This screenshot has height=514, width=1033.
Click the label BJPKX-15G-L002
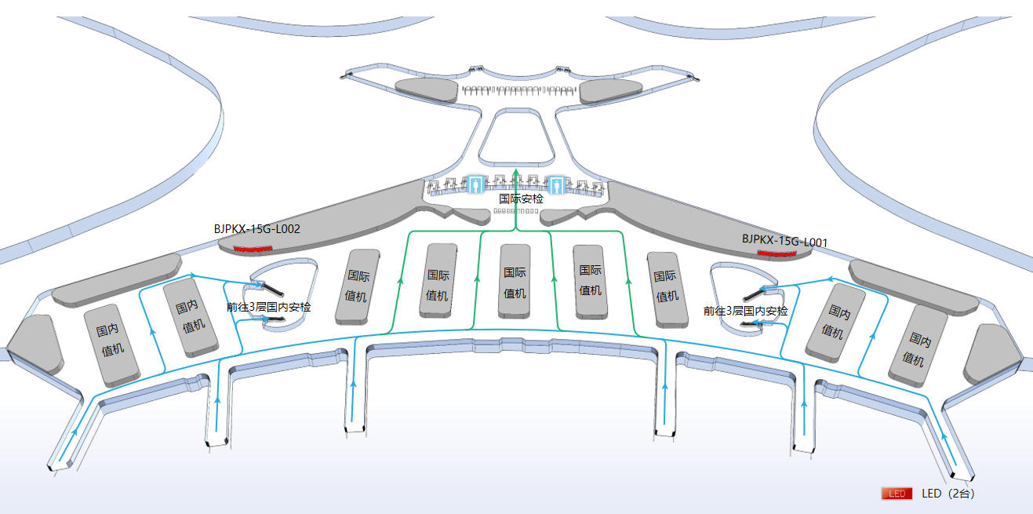[x=256, y=229]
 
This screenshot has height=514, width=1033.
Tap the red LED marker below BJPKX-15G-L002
[x=253, y=250]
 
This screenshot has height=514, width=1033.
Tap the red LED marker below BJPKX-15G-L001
[x=777, y=253]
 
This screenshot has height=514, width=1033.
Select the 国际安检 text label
[x=521, y=199]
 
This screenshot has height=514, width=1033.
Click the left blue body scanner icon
[x=475, y=184]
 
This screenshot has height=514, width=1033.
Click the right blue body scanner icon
[x=556, y=184]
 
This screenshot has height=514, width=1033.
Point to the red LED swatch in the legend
[x=897, y=494]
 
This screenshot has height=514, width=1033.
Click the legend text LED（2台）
[x=948, y=494]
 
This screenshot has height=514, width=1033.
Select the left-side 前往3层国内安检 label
[x=268, y=307]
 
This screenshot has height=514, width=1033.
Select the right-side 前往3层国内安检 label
[x=745, y=311]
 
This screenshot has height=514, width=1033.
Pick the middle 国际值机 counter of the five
[x=515, y=281]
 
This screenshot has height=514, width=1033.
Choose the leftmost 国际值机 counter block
[x=358, y=286]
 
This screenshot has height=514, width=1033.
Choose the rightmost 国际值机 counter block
[x=667, y=290]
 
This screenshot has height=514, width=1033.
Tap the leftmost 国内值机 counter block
[x=111, y=345]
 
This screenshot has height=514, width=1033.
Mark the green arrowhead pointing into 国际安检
[x=515, y=172]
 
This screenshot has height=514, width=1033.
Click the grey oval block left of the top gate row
[x=427, y=89]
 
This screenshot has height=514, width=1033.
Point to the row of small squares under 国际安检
[x=516, y=211]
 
